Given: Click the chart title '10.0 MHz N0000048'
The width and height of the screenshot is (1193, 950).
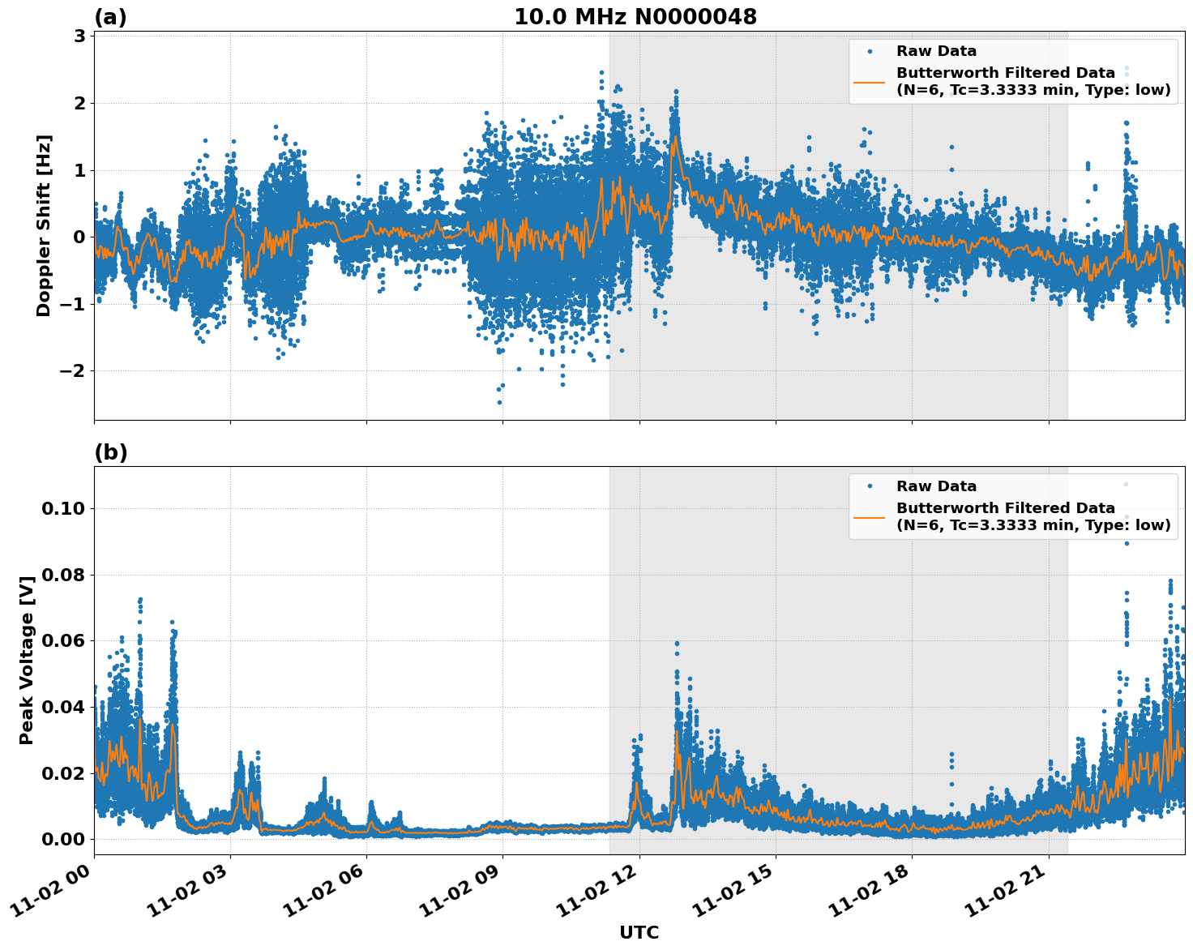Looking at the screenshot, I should (635, 17).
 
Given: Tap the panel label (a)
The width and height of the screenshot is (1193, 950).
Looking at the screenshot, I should (110, 17).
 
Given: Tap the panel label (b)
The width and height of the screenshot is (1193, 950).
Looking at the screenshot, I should (110, 452).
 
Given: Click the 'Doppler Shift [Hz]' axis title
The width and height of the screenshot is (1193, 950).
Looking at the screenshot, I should (44, 225).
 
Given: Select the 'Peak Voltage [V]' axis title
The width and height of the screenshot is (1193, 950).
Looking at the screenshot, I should (27, 661).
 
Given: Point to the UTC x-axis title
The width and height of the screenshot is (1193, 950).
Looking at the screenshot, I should (639, 932).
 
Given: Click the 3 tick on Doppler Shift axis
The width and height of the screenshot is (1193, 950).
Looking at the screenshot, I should (79, 36).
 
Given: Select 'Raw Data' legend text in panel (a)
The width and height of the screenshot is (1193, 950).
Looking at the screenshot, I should (936, 51).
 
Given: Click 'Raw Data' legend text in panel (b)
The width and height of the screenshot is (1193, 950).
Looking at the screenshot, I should (936, 486).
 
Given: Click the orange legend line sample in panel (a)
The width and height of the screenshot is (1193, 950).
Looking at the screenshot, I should (870, 82).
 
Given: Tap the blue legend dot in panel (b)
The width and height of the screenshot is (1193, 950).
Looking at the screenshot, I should (870, 486).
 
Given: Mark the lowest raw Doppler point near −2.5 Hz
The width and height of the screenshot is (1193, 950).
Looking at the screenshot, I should (499, 402).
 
